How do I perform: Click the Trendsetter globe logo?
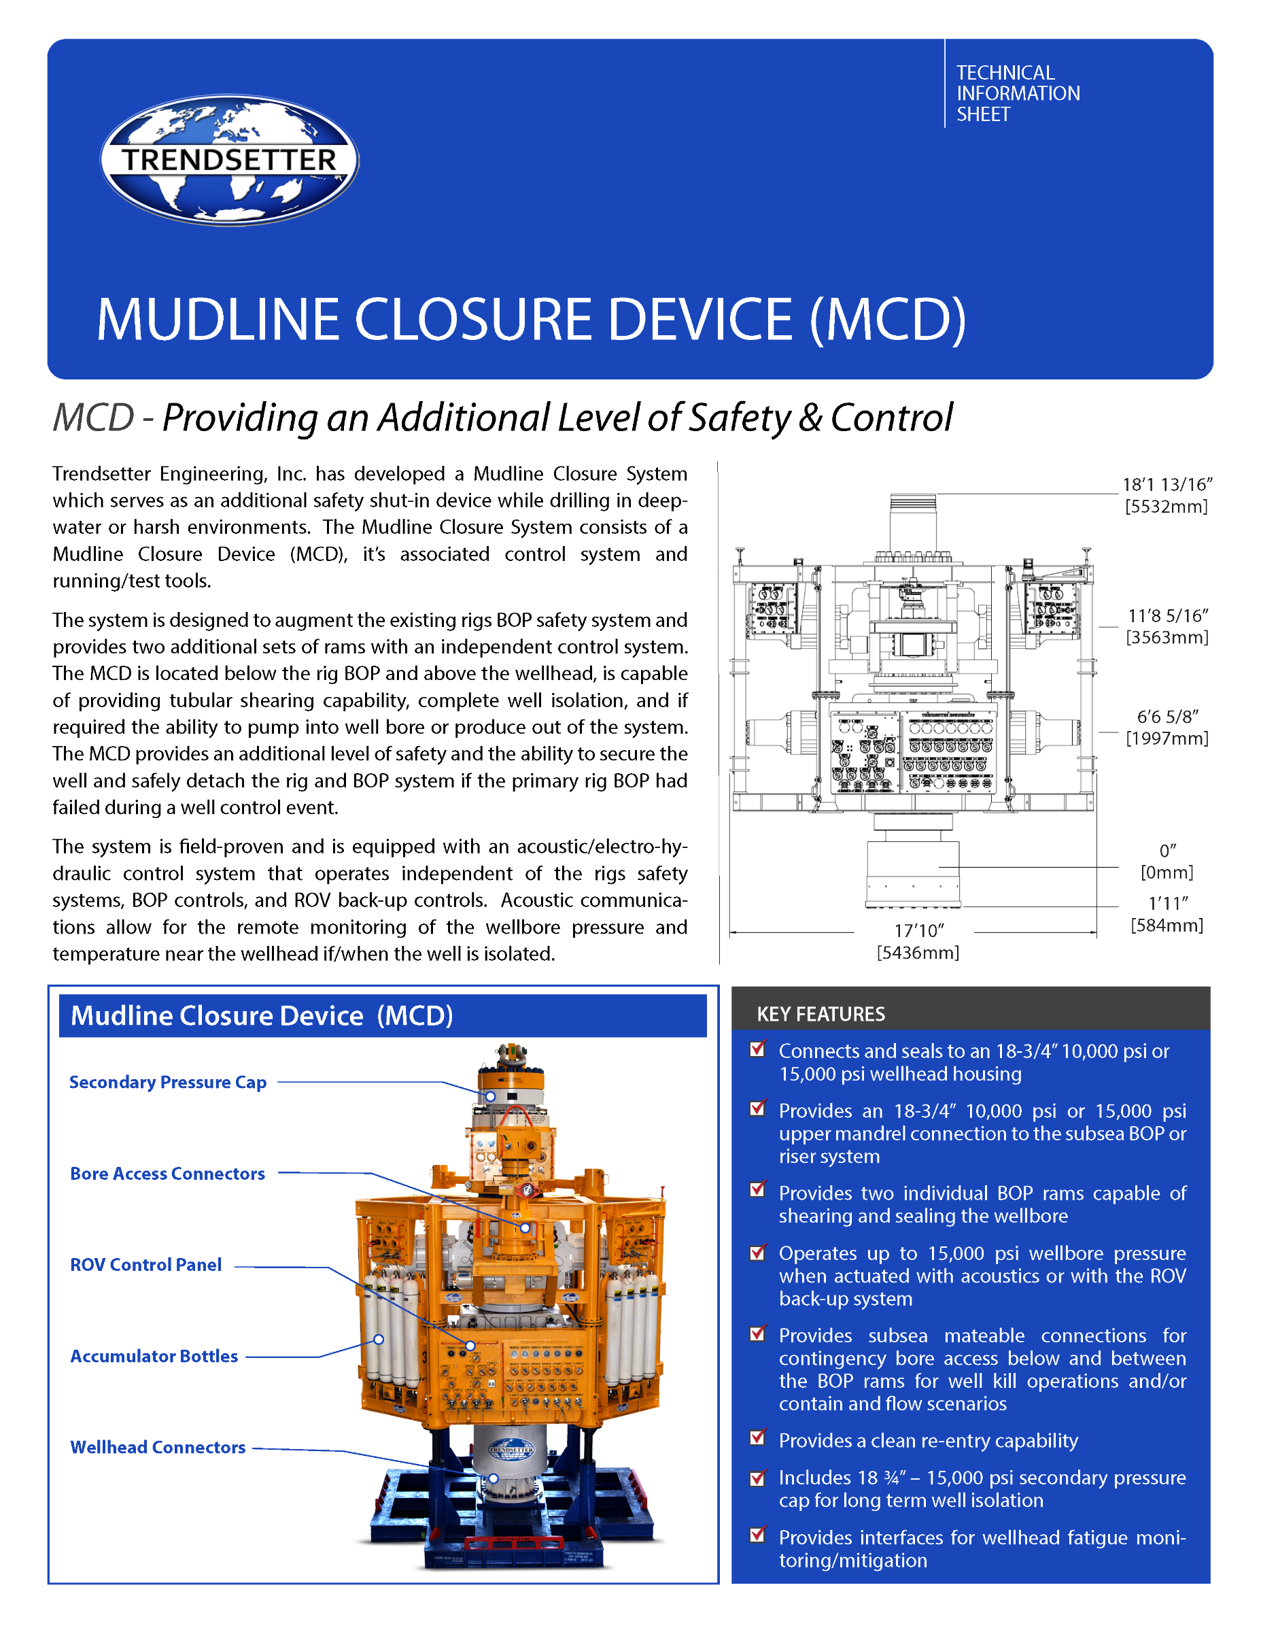coord(229,159)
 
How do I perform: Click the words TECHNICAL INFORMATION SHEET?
coord(1018,93)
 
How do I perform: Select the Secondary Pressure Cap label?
coord(168,1082)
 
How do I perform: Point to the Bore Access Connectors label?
coord(167,1173)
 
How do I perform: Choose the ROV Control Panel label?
coord(145,1264)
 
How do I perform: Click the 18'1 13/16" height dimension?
coord(1167,484)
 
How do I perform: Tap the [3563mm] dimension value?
coord(1167,637)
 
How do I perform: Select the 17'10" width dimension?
coord(919,930)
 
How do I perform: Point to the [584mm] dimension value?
coord(1167,925)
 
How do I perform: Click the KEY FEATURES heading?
coord(820,1014)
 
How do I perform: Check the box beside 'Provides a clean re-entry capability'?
coord(757,1437)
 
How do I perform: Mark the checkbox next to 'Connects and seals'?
coord(757,1048)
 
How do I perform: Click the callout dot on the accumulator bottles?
coord(379,1340)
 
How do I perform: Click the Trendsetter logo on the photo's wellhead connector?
coord(511,1449)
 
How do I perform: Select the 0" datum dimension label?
coord(1167,851)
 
